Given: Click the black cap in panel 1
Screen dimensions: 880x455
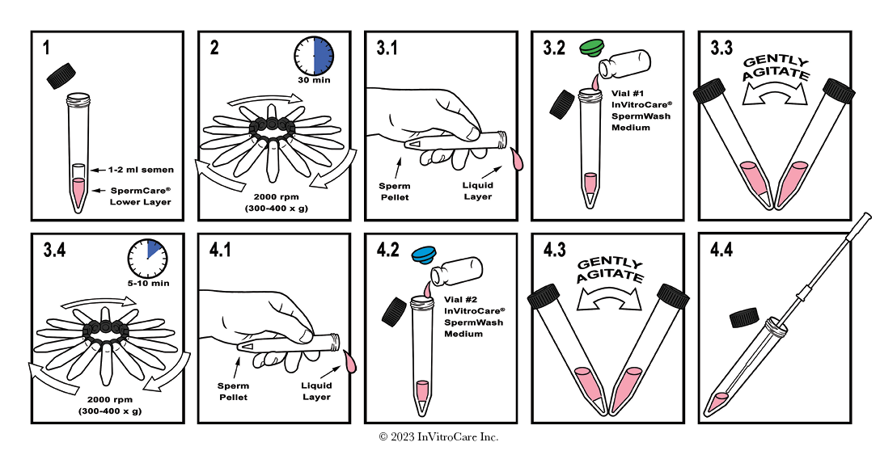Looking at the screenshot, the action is (61, 76).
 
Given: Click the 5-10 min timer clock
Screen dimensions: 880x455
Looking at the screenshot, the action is (147, 258).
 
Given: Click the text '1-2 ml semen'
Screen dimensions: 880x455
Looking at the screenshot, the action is (141, 170).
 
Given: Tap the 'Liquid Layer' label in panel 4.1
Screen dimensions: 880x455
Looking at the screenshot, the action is (316, 392).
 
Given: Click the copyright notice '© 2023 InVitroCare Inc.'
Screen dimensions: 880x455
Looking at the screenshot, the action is (439, 437).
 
